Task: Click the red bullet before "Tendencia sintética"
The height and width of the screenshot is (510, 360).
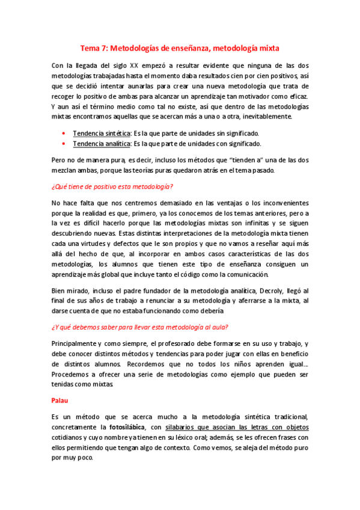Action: [64, 133]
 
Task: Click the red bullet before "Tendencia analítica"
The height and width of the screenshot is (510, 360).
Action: [64, 144]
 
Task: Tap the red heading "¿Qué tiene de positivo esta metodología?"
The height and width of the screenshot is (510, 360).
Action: [112, 186]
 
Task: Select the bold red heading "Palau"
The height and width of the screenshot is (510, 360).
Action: [61, 399]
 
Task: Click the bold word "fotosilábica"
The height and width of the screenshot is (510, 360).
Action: [130, 426]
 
